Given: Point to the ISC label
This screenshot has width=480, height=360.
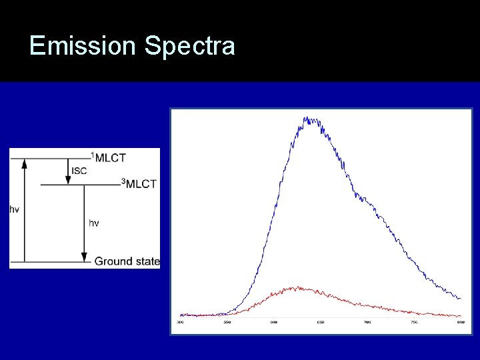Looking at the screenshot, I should coord(79,171).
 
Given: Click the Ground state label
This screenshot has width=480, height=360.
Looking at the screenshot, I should coord(127,261).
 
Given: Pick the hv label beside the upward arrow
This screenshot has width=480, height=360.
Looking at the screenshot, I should coord(14,209).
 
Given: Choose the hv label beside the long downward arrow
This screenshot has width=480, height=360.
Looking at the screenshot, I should coord(94,223).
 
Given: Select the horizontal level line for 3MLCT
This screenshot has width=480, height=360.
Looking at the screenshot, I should coord(80,185).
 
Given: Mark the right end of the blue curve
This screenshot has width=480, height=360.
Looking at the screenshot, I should coord(460,298).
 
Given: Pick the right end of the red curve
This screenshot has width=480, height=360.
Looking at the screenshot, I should coord(460,316).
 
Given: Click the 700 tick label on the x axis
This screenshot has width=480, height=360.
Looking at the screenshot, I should coord(367,323).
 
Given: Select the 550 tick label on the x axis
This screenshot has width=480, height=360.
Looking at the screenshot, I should coord(227,323).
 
